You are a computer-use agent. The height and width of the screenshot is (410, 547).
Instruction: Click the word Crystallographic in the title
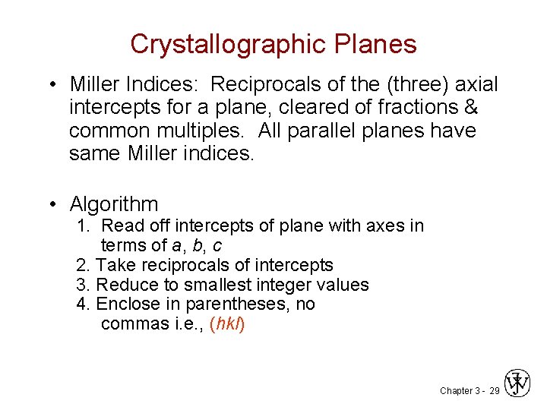click(215, 44)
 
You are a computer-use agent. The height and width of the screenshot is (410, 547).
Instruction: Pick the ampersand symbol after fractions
click(471, 107)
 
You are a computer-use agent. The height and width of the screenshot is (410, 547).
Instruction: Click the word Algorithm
click(114, 203)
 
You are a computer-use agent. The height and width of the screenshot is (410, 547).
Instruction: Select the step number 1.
click(82, 225)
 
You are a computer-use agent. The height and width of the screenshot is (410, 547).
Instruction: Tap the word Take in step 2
click(114, 265)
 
